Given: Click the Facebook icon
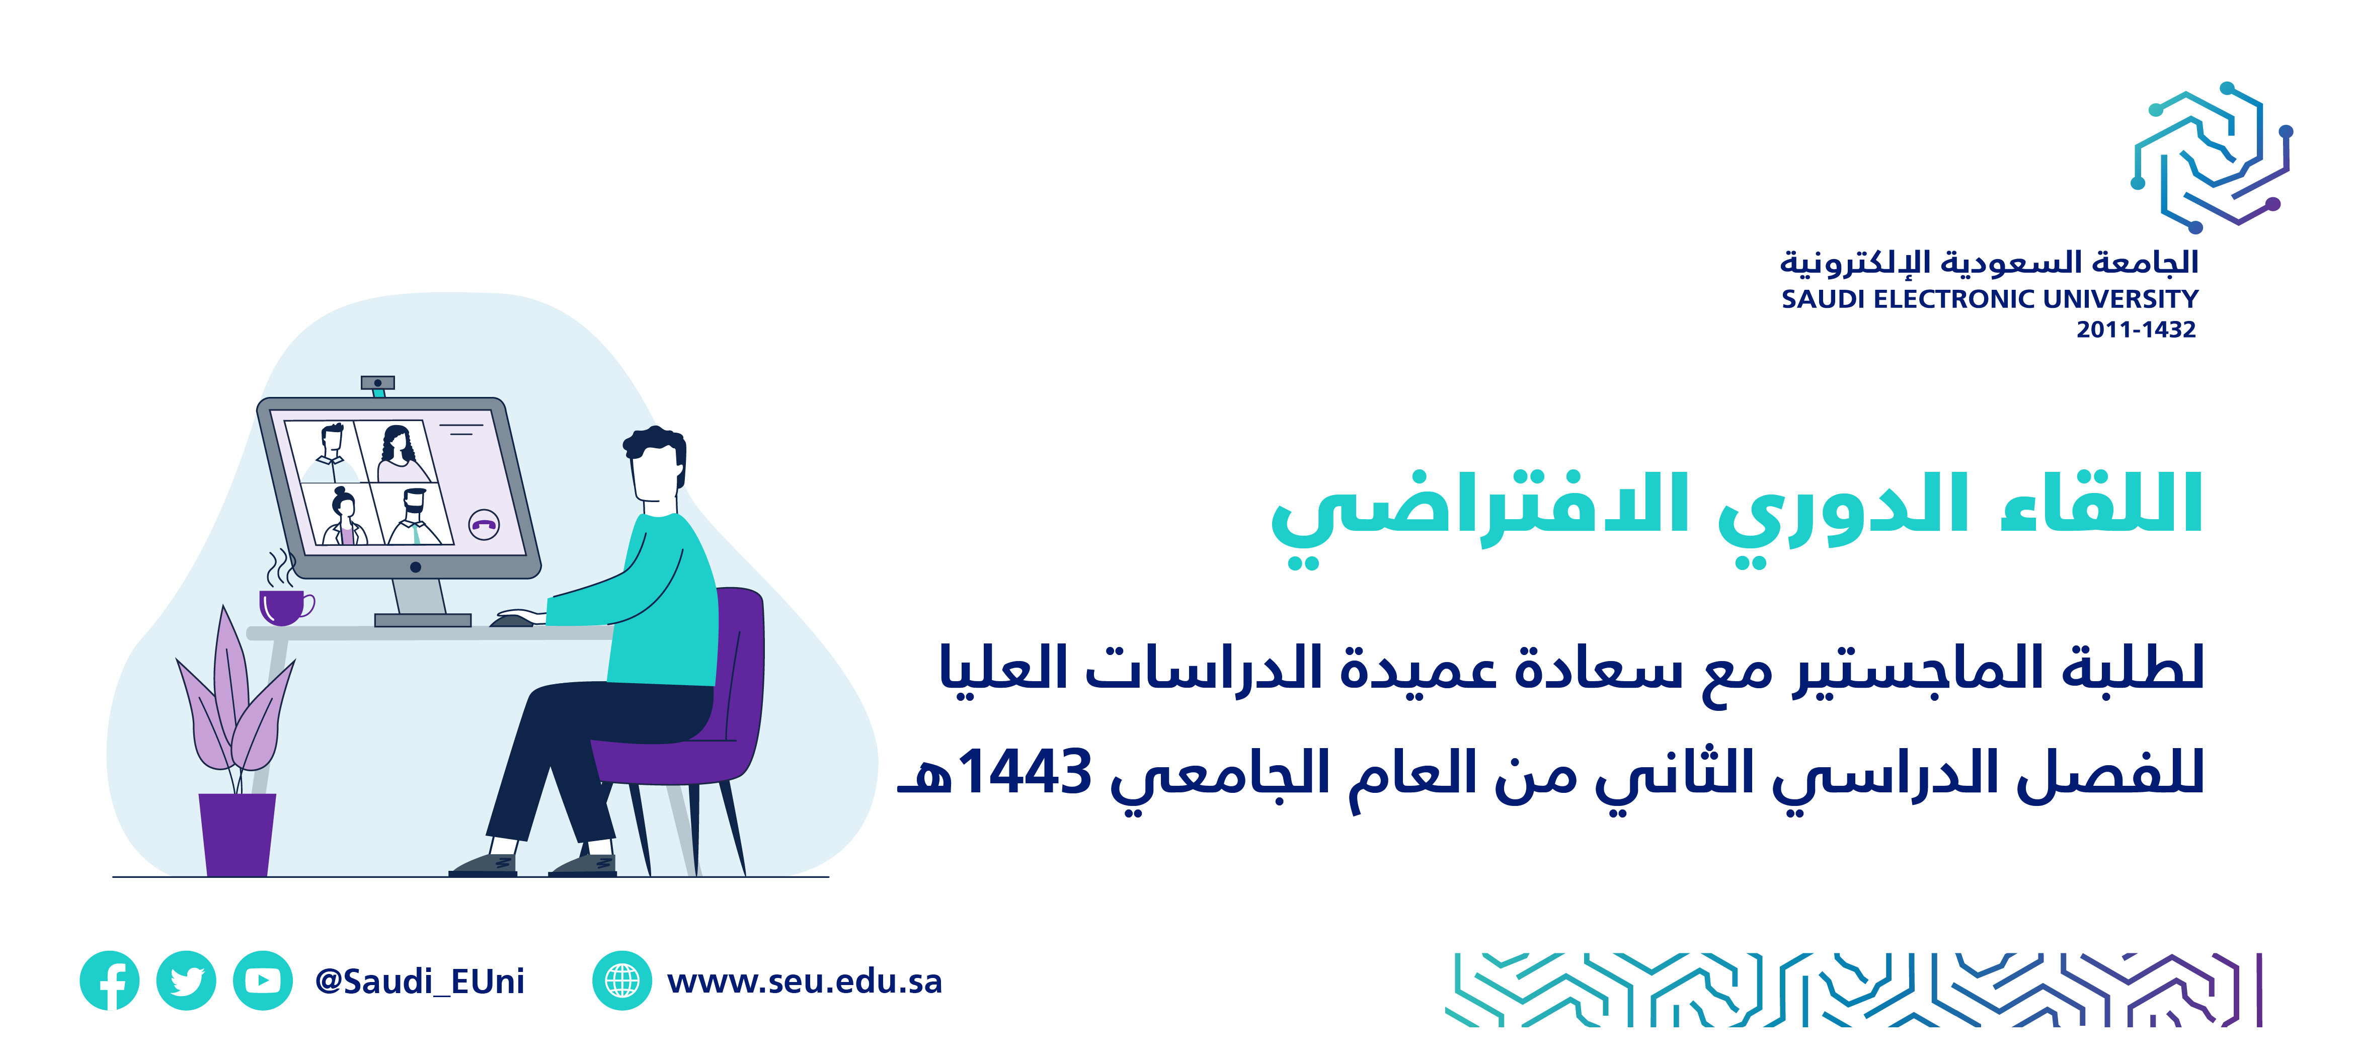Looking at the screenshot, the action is [x=110, y=981].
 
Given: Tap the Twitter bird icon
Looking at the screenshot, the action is [x=187, y=981].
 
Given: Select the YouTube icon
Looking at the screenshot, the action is [x=263, y=981].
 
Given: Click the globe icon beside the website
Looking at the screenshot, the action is [x=622, y=981].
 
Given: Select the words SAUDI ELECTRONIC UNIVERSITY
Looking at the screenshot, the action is [x=1989, y=299].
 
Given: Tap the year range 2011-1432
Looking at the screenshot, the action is [x=2136, y=330].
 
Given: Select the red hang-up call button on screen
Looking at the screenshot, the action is [x=484, y=525].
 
